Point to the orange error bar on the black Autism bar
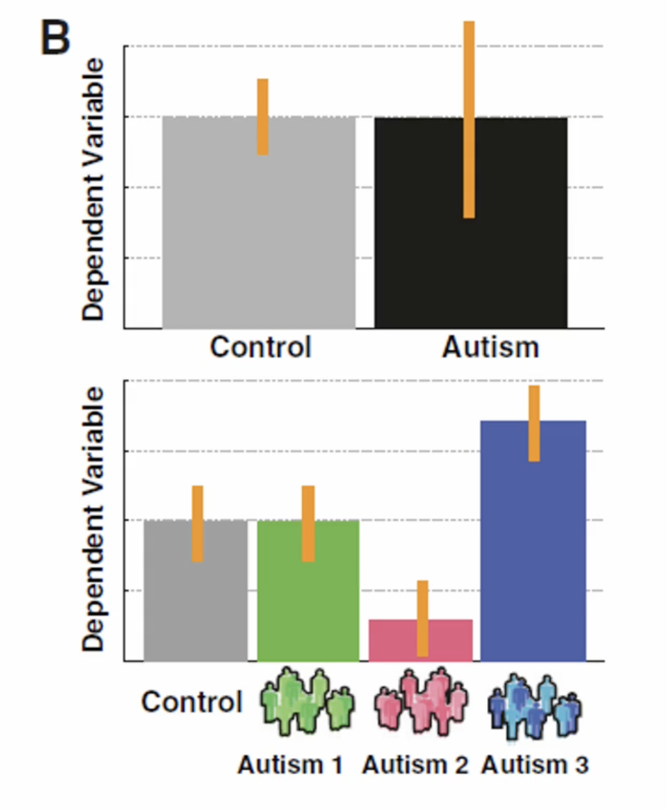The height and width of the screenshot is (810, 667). click(x=469, y=120)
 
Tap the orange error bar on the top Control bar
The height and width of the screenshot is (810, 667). click(x=262, y=117)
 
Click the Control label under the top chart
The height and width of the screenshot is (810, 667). click(x=261, y=347)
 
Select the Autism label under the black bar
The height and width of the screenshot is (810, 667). click(x=490, y=347)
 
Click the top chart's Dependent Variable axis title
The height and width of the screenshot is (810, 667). click(x=93, y=189)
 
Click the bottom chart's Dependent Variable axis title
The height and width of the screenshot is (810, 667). click(x=93, y=519)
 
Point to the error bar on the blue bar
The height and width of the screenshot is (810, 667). click(x=534, y=423)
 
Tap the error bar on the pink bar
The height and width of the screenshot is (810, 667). click(x=422, y=618)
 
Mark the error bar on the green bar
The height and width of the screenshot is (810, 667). click(x=308, y=523)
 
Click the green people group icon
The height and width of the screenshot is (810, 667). click(x=307, y=701)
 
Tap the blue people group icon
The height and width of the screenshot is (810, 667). click(x=535, y=704)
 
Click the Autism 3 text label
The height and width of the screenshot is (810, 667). click(x=535, y=765)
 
